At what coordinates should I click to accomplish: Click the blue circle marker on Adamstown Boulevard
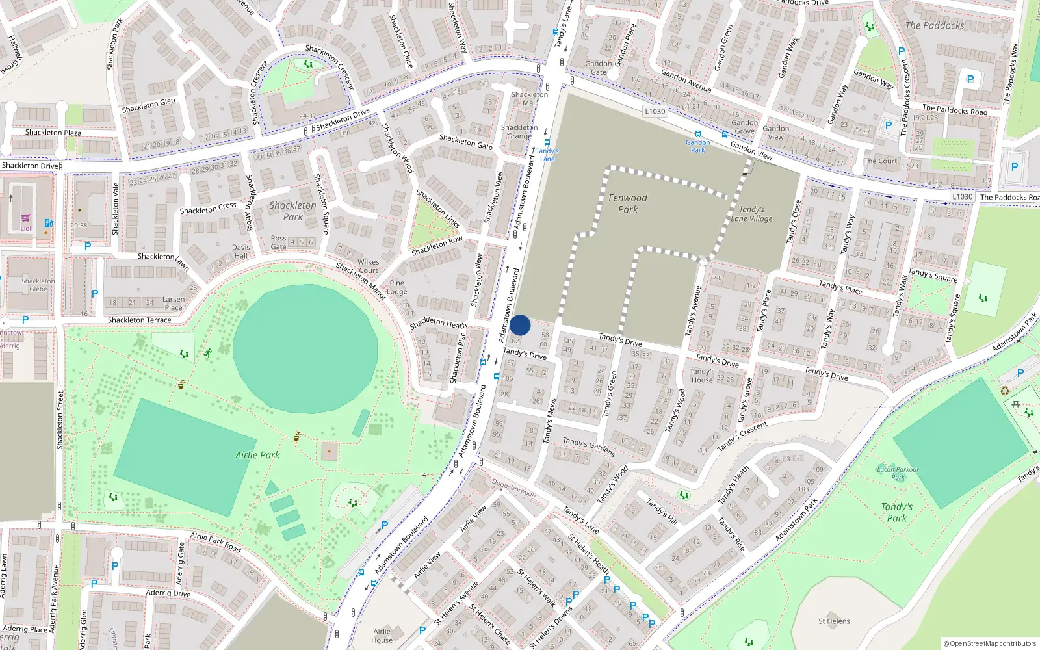point(520,325)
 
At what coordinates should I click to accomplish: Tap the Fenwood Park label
point(628,203)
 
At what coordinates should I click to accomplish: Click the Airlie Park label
point(257,455)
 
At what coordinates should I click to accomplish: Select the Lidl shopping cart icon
point(25,218)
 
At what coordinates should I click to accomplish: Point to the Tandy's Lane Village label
point(751,214)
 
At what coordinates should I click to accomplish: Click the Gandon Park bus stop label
point(697,146)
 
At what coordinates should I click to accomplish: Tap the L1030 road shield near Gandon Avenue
point(655,111)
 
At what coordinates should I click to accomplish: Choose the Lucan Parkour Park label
point(898,473)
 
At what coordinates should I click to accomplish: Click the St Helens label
point(834,621)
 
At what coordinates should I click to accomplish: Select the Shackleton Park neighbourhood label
point(293,211)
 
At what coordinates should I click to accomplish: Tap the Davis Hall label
point(241,251)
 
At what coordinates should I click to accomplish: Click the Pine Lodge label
point(397,287)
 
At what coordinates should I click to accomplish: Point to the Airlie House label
point(382,636)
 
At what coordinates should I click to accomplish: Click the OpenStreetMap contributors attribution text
point(989,643)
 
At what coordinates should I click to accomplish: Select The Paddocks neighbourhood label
point(935,25)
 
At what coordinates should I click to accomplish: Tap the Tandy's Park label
point(897,512)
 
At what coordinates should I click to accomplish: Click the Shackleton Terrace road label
point(140,320)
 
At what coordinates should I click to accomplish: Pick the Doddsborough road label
point(513,488)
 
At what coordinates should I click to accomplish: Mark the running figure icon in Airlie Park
point(208,353)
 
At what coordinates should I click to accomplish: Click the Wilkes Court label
point(368,266)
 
